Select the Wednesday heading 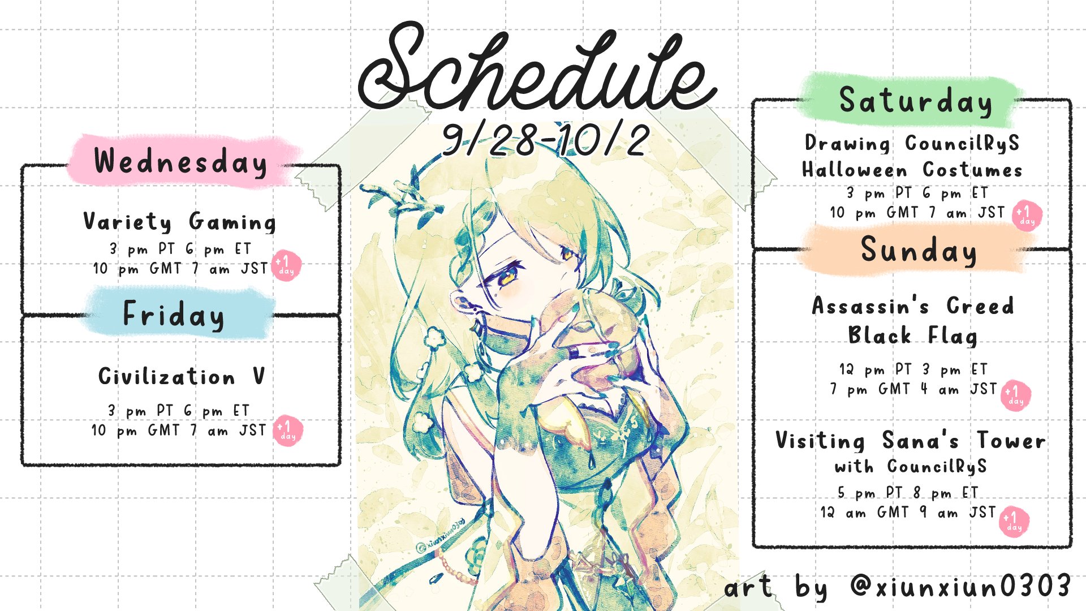point(180,162)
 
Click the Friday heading point(174,315)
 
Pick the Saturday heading point(915,102)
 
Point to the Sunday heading point(919,251)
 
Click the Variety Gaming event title point(180,221)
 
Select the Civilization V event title point(181,376)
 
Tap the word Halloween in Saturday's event point(855,170)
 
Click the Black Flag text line point(912,335)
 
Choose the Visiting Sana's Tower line point(910,440)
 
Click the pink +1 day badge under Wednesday point(286,265)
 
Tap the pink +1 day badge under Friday point(288,431)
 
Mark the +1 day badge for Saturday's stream point(1027,216)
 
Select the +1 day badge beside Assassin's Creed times point(1016,395)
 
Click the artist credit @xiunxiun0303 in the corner point(960,586)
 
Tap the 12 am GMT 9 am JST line point(908,513)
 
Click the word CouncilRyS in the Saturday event point(962,144)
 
